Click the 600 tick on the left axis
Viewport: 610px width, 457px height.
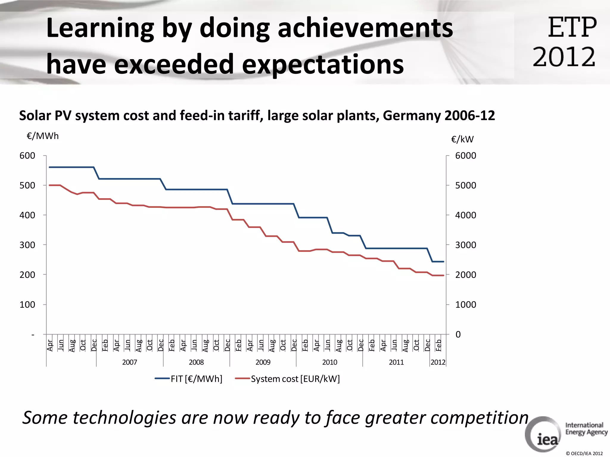[27, 156]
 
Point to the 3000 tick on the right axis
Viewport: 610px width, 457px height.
[466, 245]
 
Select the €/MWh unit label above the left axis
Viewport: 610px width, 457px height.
[43, 136]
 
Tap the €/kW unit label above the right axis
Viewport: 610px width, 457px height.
[462, 139]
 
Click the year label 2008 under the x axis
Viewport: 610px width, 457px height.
[196, 362]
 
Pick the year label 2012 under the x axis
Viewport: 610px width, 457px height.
[438, 362]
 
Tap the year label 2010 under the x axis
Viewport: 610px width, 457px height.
[329, 362]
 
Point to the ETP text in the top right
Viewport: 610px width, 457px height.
[572, 27]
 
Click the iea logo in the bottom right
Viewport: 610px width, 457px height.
[544, 435]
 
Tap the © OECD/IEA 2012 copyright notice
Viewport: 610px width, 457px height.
[584, 453]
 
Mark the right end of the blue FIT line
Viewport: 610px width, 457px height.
[444, 262]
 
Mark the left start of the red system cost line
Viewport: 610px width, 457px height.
[49, 185]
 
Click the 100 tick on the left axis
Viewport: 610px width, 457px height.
[27, 304]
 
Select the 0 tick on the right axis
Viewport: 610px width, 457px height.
[458, 334]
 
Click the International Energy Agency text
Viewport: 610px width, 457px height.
[586, 428]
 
